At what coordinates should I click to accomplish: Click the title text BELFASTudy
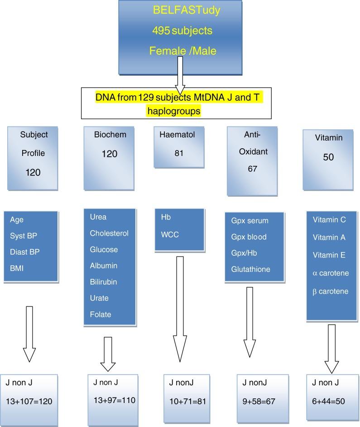click(x=187, y=10)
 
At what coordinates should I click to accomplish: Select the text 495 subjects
click(x=182, y=30)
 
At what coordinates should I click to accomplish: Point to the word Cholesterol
click(x=109, y=233)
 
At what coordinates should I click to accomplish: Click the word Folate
click(x=101, y=315)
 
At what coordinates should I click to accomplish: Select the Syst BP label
click(x=25, y=236)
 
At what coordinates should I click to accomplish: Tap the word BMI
click(x=17, y=268)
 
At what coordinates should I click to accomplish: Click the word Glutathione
click(x=250, y=269)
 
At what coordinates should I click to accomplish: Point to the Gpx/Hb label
click(x=245, y=253)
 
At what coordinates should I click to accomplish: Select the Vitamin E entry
click(x=329, y=255)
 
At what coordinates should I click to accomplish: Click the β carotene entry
click(x=331, y=291)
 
